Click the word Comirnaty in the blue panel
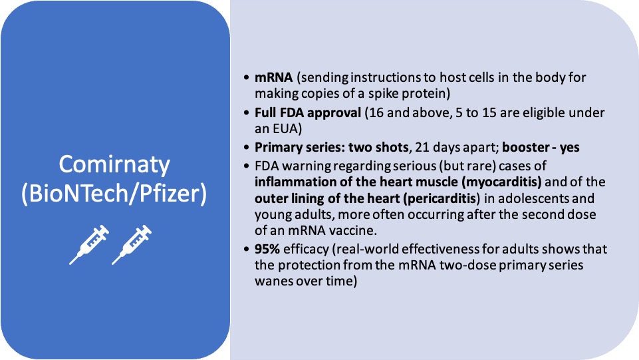tap(114, 165)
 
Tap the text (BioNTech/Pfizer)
tap(114, 193)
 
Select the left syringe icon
tap(89, 245)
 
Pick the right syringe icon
tap(132, 245)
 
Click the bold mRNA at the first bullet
tap(273, 77)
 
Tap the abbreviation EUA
tap(286, 129)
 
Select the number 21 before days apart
tap(422, 147)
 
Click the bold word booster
tap(525, 147)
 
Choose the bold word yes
tap(570, 148)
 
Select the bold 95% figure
tap(267, 249)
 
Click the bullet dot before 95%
tap(246, 249)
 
